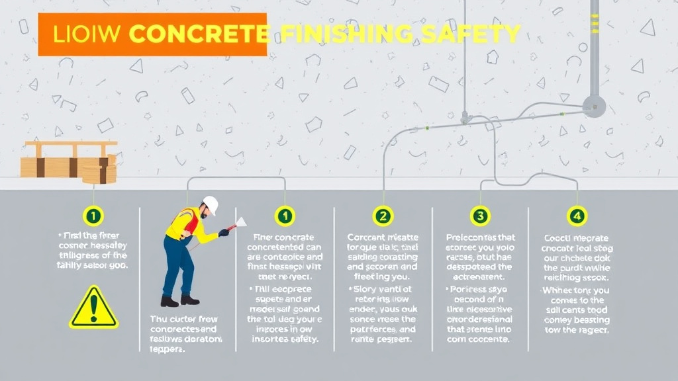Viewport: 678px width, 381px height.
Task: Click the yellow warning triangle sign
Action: (x=93, y=308)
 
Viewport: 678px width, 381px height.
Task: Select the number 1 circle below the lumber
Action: (x=93, y=215)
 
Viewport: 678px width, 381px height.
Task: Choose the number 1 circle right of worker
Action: (x=285, y=215)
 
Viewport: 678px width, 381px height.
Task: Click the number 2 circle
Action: (x=383, y=215)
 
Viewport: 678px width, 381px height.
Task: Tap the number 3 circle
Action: (x=479, y=215)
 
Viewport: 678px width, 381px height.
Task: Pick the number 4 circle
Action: (x=577, y=215)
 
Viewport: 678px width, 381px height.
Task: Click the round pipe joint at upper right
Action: (x=593, y=106)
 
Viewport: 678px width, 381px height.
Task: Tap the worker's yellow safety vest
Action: (x=185, y=224)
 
